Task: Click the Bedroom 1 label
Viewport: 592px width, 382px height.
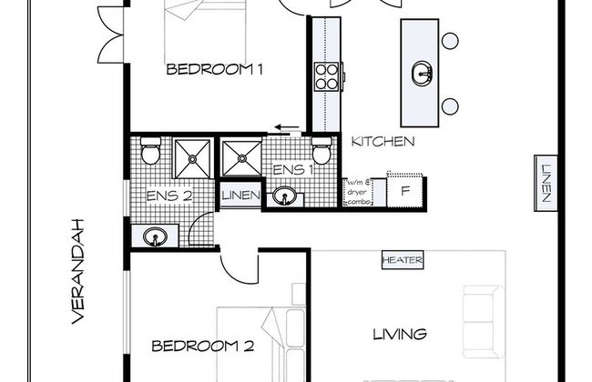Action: point(214,69)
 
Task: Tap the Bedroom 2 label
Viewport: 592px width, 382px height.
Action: point(203,346)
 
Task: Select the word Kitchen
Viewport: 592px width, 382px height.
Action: point(383,141)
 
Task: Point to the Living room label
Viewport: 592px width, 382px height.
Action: point(400,334)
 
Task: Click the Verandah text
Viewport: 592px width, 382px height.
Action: point(77,271)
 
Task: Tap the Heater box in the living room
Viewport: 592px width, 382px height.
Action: point(403,260)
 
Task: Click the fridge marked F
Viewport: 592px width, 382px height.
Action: point(404,190)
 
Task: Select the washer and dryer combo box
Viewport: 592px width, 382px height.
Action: point(358,192)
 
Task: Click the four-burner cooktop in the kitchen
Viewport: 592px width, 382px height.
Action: point(327,76)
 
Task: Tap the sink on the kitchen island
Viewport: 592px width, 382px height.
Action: point(423,74)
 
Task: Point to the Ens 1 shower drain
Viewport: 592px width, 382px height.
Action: point(242,158)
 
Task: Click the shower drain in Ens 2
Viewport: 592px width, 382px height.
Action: point(192,159)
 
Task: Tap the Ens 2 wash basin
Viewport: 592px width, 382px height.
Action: point(155,236)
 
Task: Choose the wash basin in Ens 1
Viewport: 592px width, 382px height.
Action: point(284,196)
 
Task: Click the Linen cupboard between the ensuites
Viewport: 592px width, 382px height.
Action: point(240,195)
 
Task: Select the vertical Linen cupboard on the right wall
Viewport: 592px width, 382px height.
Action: point(546,184)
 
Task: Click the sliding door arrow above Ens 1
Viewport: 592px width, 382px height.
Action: point(287,127)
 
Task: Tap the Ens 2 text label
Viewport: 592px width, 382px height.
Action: point(169,196)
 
